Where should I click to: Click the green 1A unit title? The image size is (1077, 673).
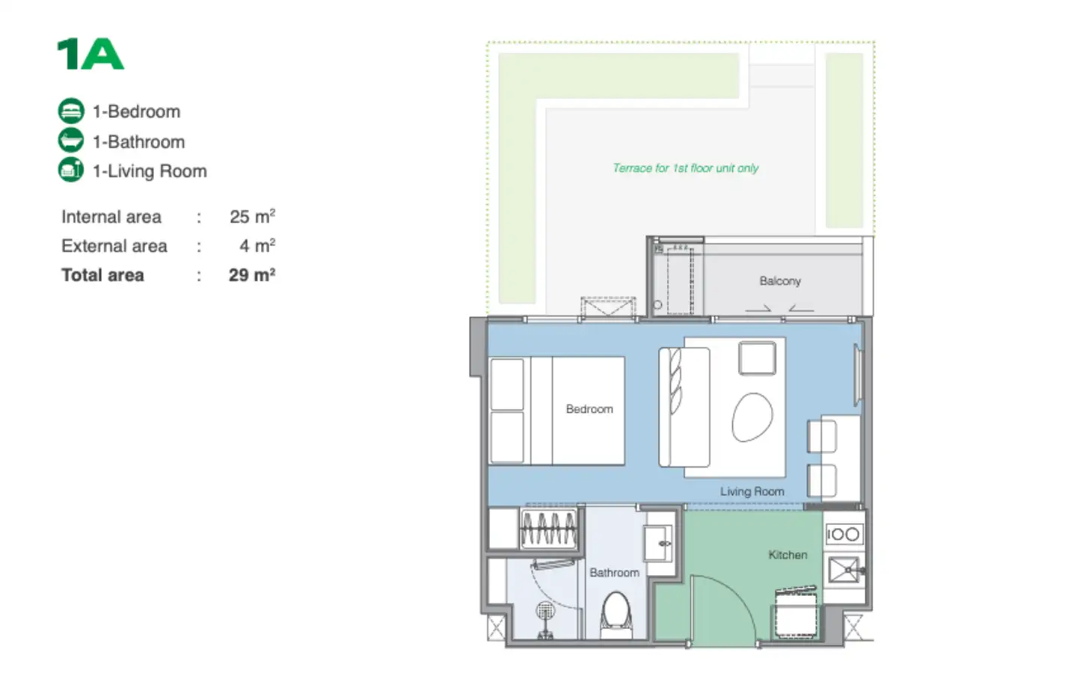(x=90, y=54)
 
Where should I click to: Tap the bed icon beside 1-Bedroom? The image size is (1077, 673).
(x=71, y=111)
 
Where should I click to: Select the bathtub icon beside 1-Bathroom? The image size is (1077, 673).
(x=71, y=141)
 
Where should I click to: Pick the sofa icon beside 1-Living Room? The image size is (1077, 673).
(x=71, y=170)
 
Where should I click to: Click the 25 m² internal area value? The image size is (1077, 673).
(x=253, y=216)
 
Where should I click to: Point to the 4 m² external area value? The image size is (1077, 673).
(x=257, y=245)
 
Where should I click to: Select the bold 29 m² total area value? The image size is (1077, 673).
(x=252, y=275)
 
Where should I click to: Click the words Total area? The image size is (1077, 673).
(x=102, y=275)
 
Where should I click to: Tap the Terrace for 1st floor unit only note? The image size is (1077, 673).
(x=686, y=168)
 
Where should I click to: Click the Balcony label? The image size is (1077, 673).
(x=780, y=281)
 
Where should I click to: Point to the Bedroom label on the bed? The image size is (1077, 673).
(x=589, y=409)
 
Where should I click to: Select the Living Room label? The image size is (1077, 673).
(x=752, y=491)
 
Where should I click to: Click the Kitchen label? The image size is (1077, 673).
(x=788, y=555)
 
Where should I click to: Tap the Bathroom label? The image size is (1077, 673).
(x=615, y=573)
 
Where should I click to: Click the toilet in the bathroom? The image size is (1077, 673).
(x=616, y=615)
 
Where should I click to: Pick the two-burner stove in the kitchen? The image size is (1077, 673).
(x=844, y=534)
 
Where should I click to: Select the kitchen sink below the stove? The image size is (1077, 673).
(x=845, y=570)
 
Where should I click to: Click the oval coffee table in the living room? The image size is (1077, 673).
(x=752, y=417)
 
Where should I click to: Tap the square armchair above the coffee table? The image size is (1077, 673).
(x=757, y=357)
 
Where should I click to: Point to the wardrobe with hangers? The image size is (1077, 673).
(x=549, y=528)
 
